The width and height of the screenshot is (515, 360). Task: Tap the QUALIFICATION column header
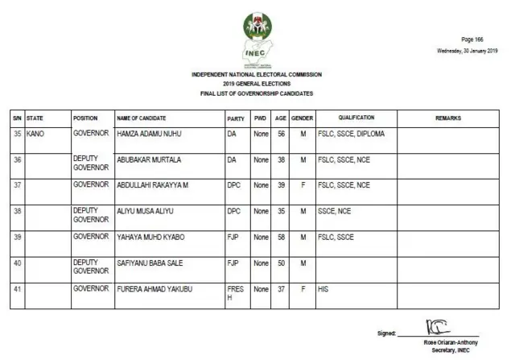point(356,118)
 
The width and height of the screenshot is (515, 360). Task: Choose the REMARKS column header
point(447,118)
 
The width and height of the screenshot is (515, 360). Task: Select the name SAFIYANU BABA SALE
point(150,263)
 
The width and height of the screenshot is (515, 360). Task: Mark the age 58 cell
point(281,237)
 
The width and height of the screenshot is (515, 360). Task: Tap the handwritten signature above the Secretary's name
point(433,329)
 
